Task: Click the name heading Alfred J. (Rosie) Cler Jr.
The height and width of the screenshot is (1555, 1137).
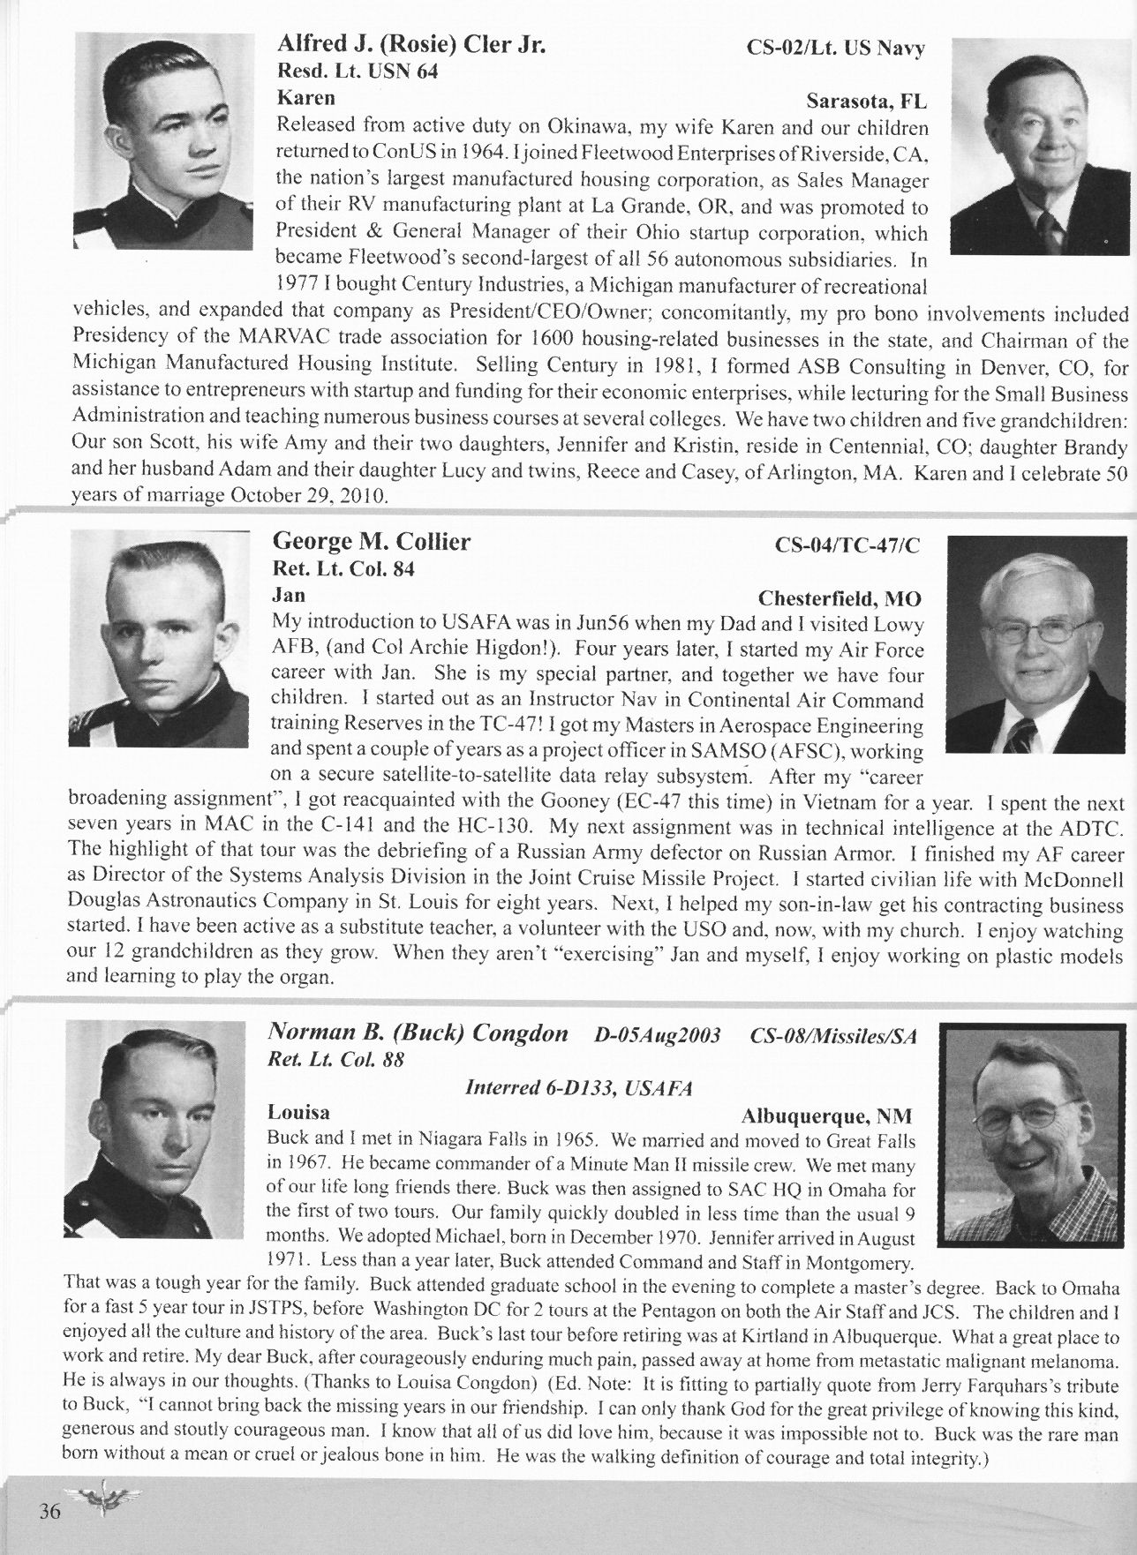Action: click(x=411, y=44)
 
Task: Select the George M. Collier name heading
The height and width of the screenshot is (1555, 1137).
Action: click(x=372, y=541)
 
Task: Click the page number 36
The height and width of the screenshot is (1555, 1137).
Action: click(x=49, y=1513)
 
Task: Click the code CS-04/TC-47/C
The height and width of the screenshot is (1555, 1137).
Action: click(x=847, y=545)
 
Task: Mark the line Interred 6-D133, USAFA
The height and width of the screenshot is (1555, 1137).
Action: click(x=577, y=1088)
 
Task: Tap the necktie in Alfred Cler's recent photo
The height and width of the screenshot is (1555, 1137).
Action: click(x=1048, y=231)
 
